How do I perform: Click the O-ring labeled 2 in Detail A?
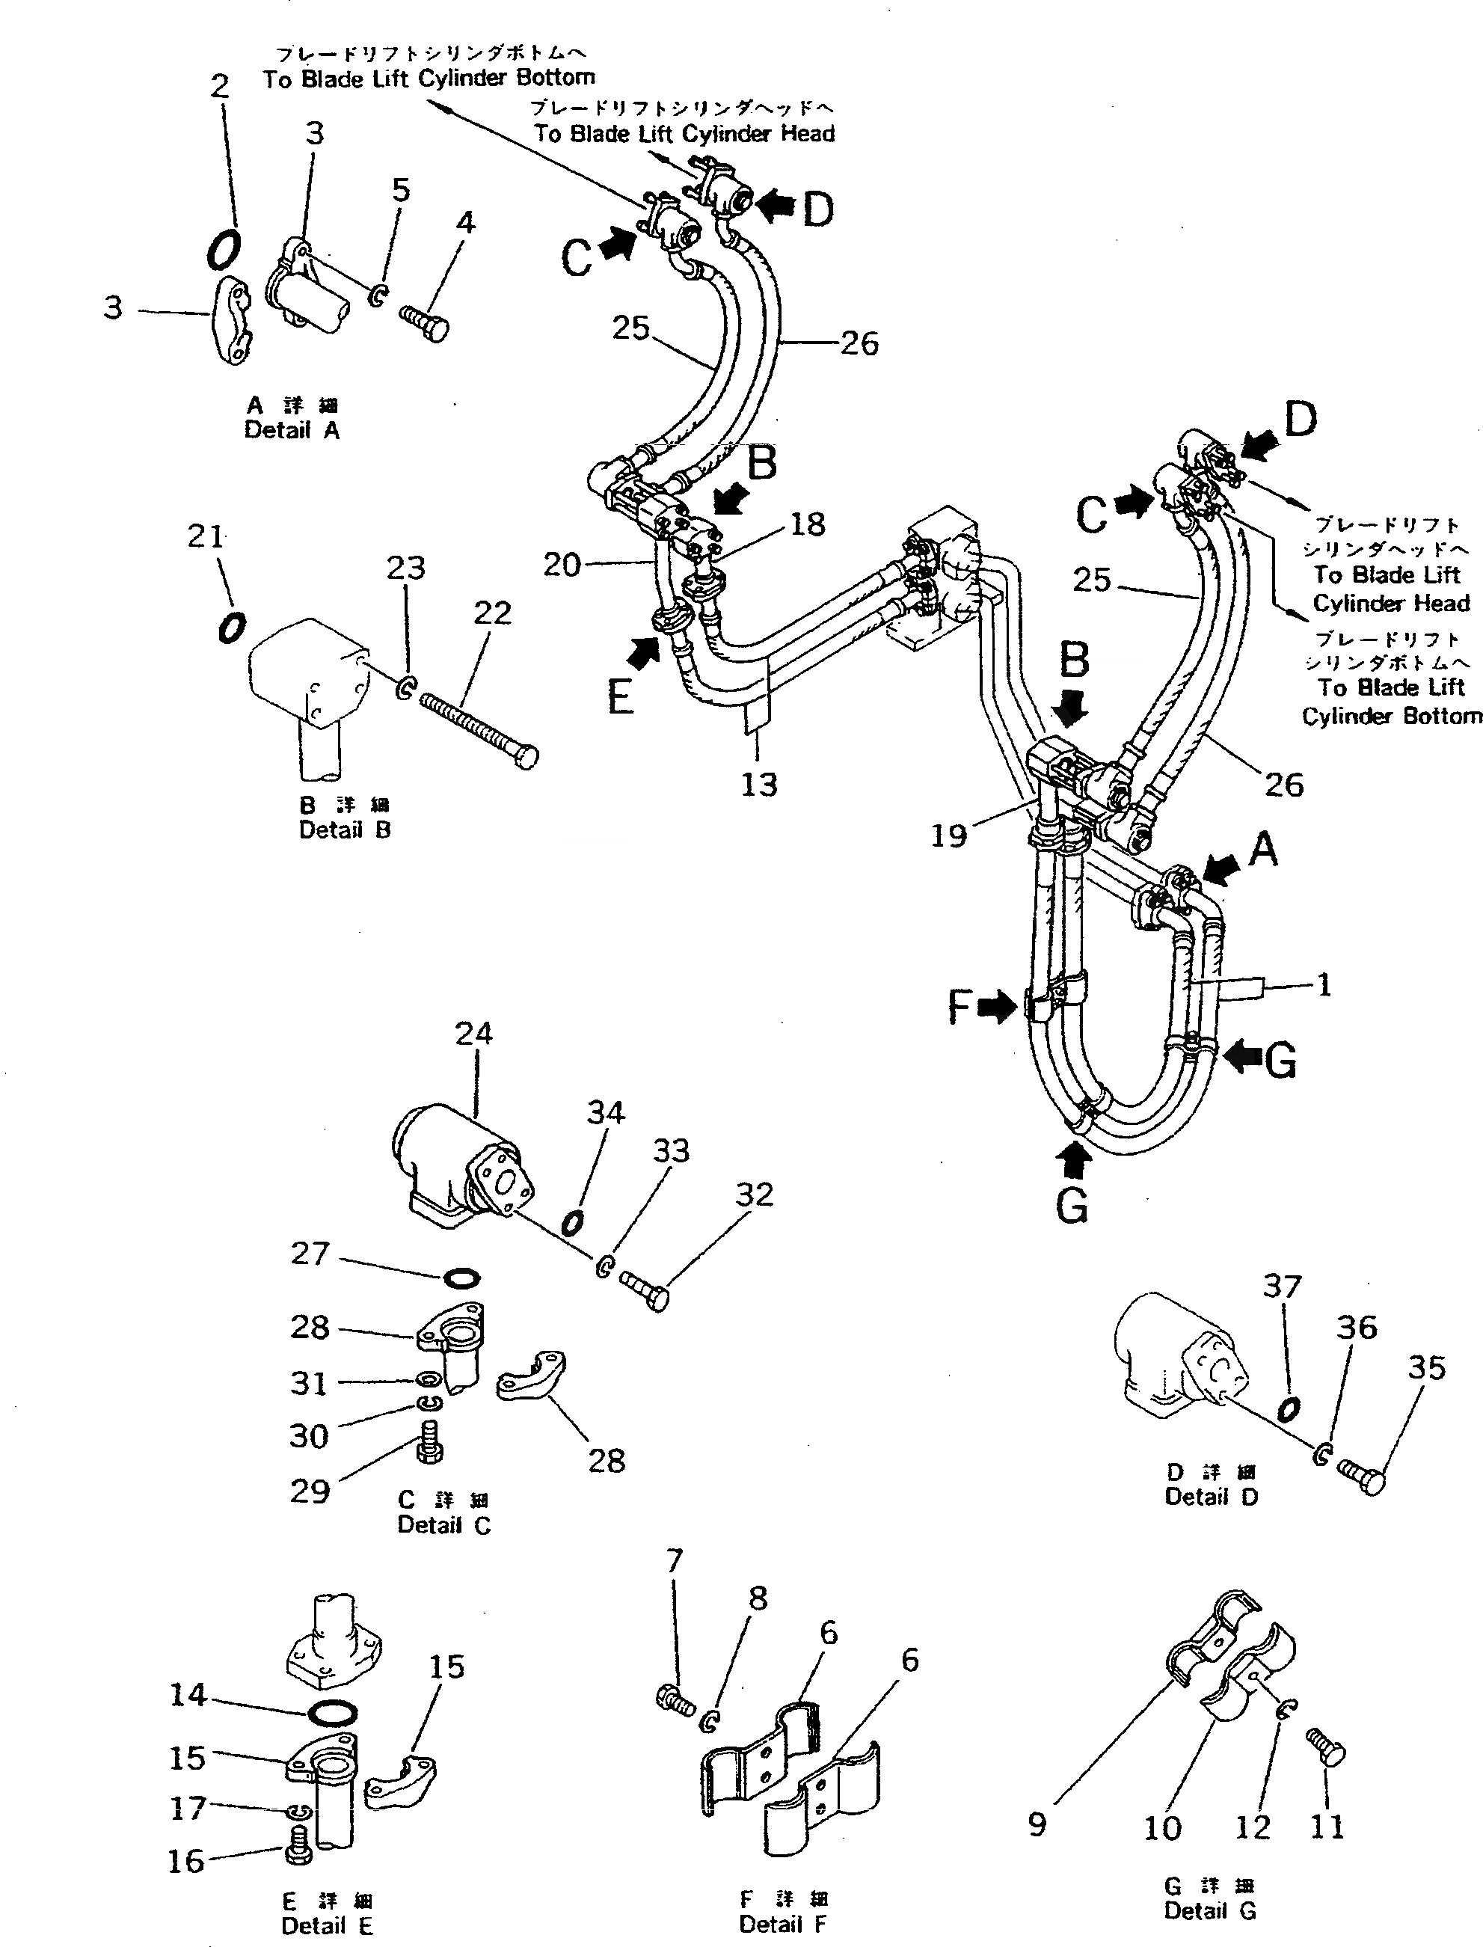222,249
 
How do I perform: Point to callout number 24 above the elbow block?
474,1033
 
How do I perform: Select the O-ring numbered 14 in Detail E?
334,1713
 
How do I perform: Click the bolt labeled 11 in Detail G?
1326,1747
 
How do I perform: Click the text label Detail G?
1209,1910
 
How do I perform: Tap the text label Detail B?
344,830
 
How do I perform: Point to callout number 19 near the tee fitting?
949,835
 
